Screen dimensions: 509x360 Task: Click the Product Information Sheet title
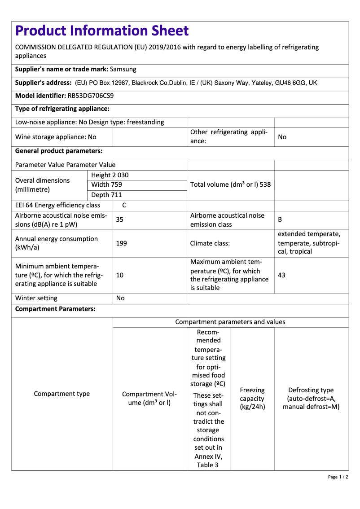coord(102,31)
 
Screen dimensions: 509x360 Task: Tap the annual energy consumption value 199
coord(121,243)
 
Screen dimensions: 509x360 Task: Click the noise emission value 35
coord(120,219)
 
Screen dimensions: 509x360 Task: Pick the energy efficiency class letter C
coord(124,205)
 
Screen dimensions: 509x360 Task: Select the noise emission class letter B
coord(280,219)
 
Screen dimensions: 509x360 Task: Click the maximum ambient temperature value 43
coord(282,275)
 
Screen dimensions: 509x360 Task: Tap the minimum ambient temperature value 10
coord(120,275)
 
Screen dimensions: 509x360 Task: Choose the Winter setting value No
coord(120,298)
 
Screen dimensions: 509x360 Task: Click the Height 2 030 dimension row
coord(110,175)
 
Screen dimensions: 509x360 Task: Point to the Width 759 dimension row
coord(106,184)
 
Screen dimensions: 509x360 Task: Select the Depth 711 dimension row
coord(106,195)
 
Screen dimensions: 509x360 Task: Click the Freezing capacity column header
coord(252,399)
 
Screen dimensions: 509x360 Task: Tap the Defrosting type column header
coord(311,399)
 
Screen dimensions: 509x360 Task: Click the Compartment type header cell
coord(62,394)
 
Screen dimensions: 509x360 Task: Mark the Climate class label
coord(210,243)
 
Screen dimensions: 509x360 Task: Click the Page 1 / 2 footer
coord(338,477)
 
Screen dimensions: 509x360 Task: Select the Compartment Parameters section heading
coord(55,309)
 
